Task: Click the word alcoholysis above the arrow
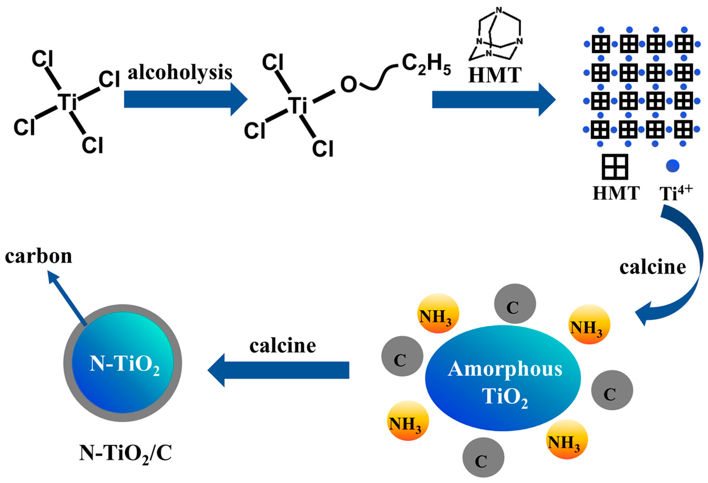(180, 72)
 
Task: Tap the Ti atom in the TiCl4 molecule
(67, 102)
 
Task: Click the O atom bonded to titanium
(348, 84)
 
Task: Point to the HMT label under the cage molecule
(495, 75)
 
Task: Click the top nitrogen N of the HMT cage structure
(499, 10)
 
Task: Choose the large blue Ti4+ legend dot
(673, 166)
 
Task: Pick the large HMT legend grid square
(615, 167)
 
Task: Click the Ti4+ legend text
(675, 192)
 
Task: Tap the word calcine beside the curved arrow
(652, 267)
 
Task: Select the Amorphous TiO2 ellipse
(503, 379)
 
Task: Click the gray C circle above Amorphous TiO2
(515, 304)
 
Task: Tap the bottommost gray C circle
(483, 457)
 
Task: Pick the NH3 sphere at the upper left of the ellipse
(437, 313)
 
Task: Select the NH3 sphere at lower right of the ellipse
(566, 439)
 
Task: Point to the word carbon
(39, 256)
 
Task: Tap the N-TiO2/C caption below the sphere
(125, 453)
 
